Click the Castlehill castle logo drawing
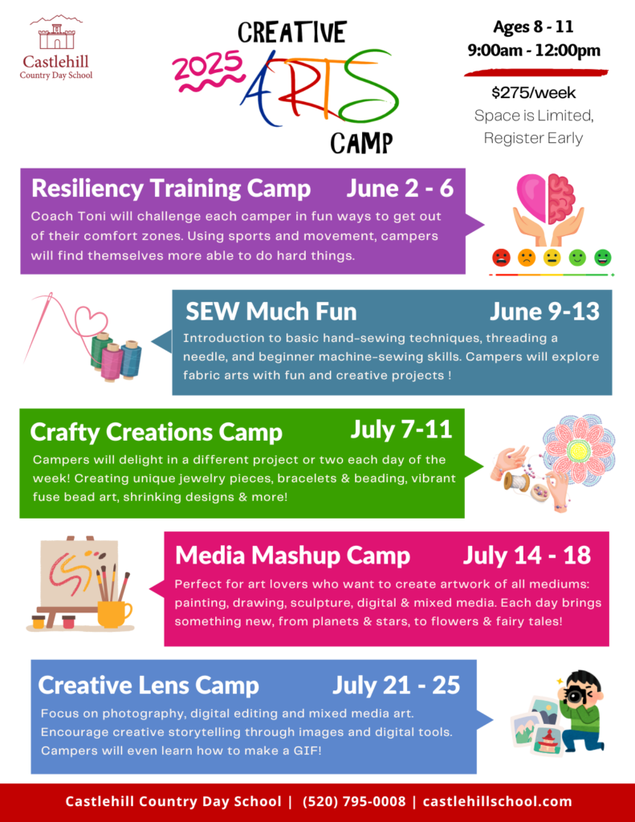click(56, 33)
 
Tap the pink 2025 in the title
click(208, 67)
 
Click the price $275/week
click(534, 93)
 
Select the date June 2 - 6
click(400, 188)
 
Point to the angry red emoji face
click(501, 258)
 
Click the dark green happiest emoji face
click(603, 258)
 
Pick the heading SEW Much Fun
click(271, 311)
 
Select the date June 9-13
click(544, 311)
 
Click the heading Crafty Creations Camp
click(157, 432)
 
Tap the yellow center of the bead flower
click(577, 450)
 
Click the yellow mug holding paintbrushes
click(113, 613)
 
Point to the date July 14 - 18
click(527, 555)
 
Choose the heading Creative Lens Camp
click(149, 686)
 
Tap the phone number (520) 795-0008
click(354, 802)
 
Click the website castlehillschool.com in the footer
click(497, 802)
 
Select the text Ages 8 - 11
click(533, 26)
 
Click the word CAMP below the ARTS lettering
click(361, 143)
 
